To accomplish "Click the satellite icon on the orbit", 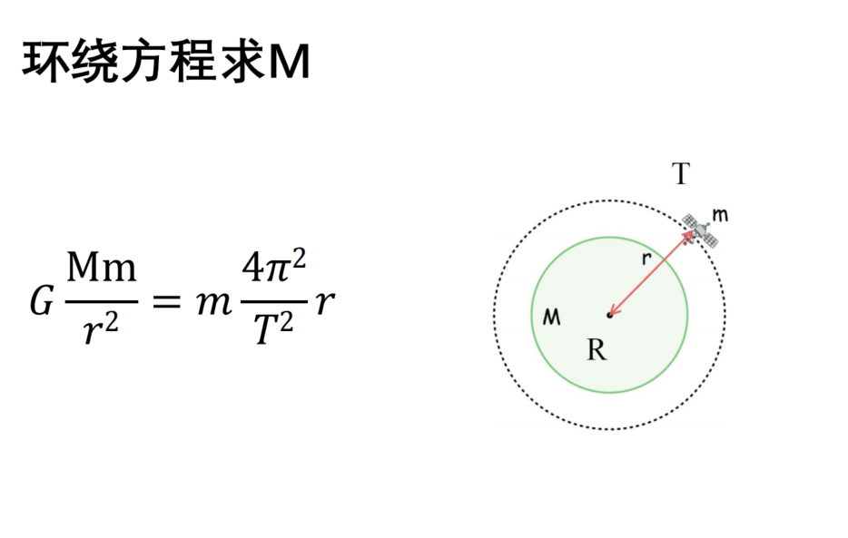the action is pos(700,231).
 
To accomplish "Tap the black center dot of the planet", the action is pos(609,315).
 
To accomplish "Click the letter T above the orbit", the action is pos(681,174).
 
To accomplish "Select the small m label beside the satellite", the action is pos(720,215).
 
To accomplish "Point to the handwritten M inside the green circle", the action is pos(552,317).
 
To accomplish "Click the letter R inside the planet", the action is pos(597,350).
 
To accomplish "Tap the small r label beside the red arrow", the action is pos(646,259).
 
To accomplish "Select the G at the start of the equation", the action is pos(41,300).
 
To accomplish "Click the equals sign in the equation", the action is pos(166,301).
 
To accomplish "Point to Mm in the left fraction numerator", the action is pos(101,268).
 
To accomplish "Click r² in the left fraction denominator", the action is pos(101,328).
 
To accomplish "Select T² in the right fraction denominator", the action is pos(273,328).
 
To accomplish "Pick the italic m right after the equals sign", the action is pos(214,303).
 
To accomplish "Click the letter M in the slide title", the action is pos(290,62).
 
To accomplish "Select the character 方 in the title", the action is pos(143,61).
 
